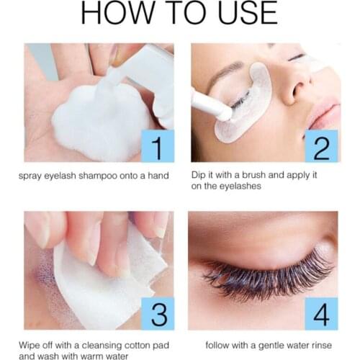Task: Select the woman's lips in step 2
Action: pos(328,115)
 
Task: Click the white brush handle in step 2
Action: pos(209,104)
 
